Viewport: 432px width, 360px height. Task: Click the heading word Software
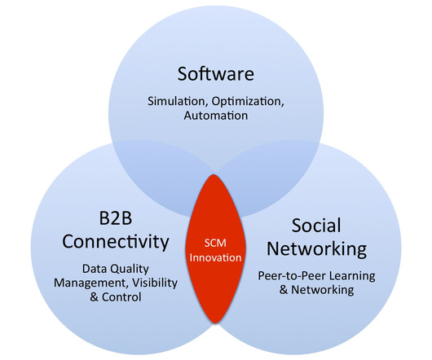pyautogui.click(x=216, y=74)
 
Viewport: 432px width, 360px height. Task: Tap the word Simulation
pyautogui.click(x=178, y=102)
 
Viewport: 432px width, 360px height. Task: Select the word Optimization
pyautogui.click(x=248, y=102)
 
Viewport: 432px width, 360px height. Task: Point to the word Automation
pyautogui.click(x=216, y=116)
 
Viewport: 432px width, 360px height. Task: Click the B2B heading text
pyautogui.click(x=116, y=218)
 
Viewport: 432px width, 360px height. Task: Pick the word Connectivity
pyautogui.click(x=116, y=242)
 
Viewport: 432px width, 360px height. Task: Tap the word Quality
pyautogui.click(x=131, y=269)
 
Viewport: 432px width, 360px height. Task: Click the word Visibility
pyautogui.click(x=155, y=283)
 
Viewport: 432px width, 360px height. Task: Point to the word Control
pyautogui.click(x=121, y=297)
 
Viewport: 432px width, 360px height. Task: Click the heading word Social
pyautogui.click(x=316, y=225)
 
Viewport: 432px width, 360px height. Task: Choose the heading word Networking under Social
pyautogui.click(x=316, y=249)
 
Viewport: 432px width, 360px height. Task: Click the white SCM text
pyautogui.click(x=215, y=243)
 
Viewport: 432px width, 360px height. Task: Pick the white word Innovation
pyautogui.click(x=215, y=257)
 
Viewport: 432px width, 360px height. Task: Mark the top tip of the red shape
pyautogui.click(x=214, y=174)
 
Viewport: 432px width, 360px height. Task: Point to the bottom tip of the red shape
pyautogui.click(x=215, y=323)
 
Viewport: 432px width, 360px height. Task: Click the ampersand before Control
pyautogui.click(x=94, y=297)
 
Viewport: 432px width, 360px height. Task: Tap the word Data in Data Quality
pyautogui.click(x=96, y=269)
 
